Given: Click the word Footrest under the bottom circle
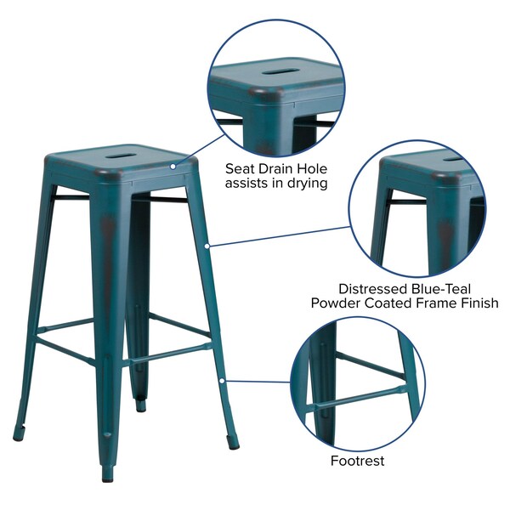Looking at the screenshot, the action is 358,461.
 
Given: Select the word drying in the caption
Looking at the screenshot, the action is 308,184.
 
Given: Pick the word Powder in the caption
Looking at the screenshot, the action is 336,303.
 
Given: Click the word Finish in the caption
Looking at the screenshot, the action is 480,303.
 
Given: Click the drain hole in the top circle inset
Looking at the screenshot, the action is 277,71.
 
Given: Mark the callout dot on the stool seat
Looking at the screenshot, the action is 173,167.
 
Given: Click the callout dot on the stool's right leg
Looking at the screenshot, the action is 207,246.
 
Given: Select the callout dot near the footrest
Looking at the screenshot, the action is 222,381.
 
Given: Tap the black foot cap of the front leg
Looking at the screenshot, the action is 107,478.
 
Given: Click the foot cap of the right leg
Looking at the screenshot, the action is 233,446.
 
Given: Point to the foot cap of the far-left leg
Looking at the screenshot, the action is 18,438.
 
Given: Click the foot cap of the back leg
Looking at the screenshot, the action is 141,408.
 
